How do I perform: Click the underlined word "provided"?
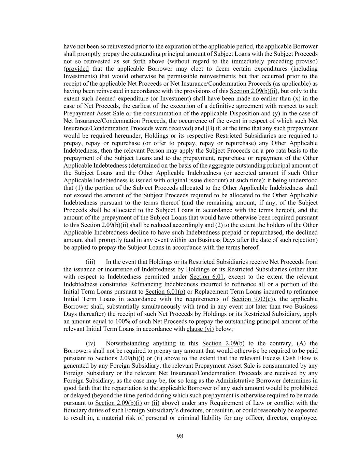coord(77,69)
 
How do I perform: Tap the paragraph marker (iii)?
coord(90,262)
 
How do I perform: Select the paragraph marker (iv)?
coord(90,343)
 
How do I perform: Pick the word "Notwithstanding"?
coord(126,343)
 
